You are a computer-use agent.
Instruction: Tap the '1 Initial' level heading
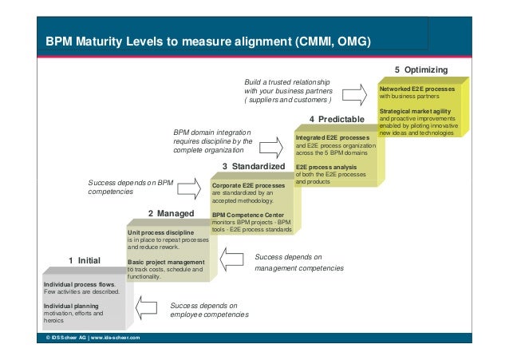click(84, 260)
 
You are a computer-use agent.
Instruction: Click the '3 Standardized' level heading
click(253, 166)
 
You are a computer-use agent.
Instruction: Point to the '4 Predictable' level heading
click(336, 119)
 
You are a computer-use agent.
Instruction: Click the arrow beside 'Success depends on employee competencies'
click(148, 309)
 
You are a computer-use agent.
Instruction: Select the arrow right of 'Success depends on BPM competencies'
click(189, 189)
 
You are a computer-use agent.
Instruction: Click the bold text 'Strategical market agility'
click(415, 111)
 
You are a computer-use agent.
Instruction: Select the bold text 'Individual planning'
click(70, 306)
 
